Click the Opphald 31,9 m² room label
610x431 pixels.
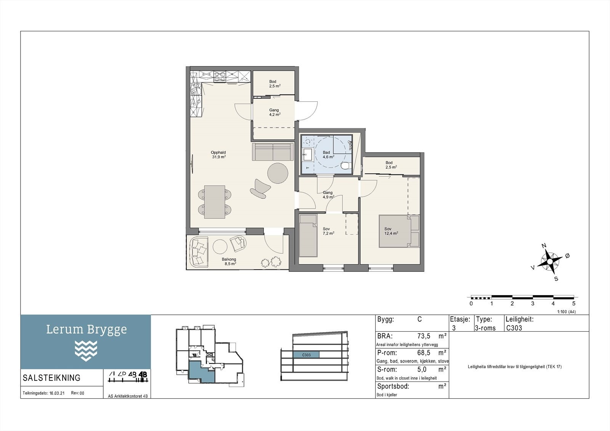(219, 155)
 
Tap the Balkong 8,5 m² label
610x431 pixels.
(229, 261)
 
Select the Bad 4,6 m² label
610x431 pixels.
(328, 155)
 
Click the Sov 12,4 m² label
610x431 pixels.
(391, 231)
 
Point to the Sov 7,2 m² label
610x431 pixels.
(328, 231)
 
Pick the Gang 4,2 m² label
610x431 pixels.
(274, 112)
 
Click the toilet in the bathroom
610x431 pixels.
(345, 166)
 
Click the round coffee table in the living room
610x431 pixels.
(278, 173)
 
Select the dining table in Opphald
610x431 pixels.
(215, 202)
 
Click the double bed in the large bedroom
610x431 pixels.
(399, 231)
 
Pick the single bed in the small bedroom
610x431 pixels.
(308, 236)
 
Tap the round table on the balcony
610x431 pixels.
(220, 247)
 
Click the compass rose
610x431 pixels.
(550, 262)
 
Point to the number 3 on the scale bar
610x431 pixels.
(533, 303)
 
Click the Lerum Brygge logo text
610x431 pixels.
(86, 330)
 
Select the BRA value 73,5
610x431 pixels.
(424, 336)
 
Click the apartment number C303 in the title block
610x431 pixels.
(514, 328)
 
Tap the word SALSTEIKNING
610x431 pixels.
(52, 378)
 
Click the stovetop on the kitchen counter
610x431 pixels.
(220, 77)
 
